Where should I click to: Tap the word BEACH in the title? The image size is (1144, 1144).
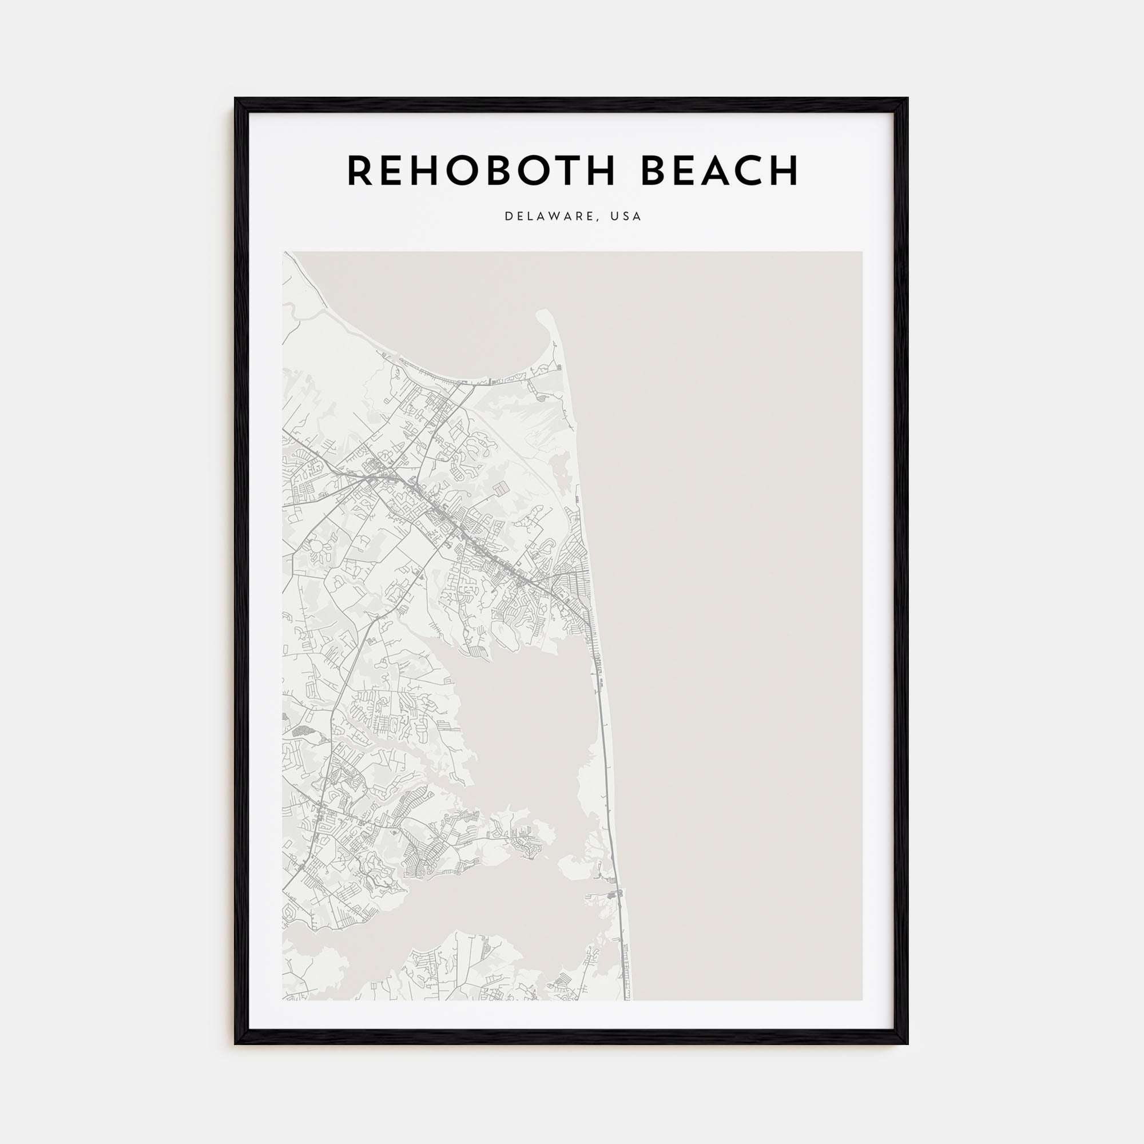tap(720, 170)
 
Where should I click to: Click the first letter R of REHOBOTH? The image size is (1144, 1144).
tap(359, 170)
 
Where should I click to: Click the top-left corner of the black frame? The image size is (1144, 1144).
tap(236, 99)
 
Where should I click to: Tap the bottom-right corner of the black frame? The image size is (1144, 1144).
tap(907, 1043)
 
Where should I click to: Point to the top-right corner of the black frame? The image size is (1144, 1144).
tap(907, 99)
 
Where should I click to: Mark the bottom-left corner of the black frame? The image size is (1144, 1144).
tap(236, 1043)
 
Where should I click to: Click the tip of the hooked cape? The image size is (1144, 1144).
tap(539, 315)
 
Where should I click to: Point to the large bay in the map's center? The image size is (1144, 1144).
tap(521, 710)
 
